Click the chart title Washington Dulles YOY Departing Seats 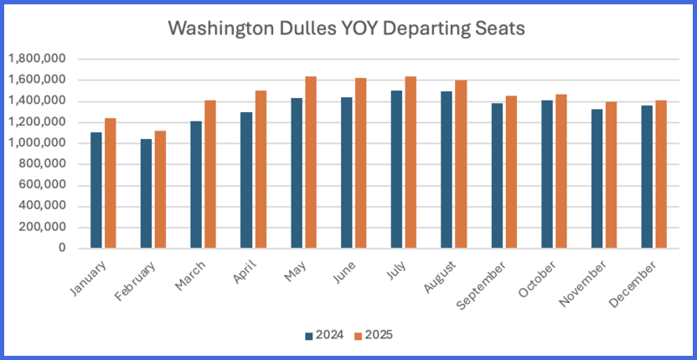tap(346, 28)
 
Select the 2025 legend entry tap(373, 335)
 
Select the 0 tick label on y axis tap(62, 249)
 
